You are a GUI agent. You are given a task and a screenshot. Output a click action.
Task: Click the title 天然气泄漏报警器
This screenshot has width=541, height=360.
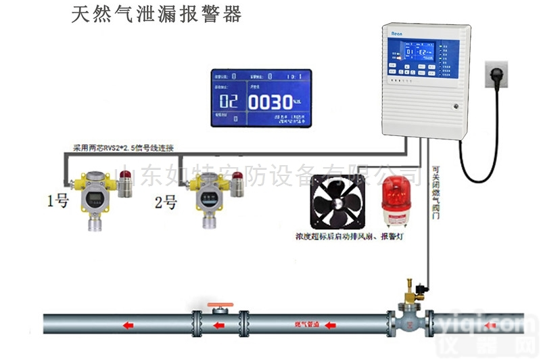click(156, 15)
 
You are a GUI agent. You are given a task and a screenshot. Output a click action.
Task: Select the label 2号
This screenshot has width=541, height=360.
click(166, 202)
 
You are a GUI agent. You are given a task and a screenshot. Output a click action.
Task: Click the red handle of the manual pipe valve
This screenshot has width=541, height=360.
click(217, 307)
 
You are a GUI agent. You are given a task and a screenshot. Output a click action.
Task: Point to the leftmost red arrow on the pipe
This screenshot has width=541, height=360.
click(126, 326)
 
